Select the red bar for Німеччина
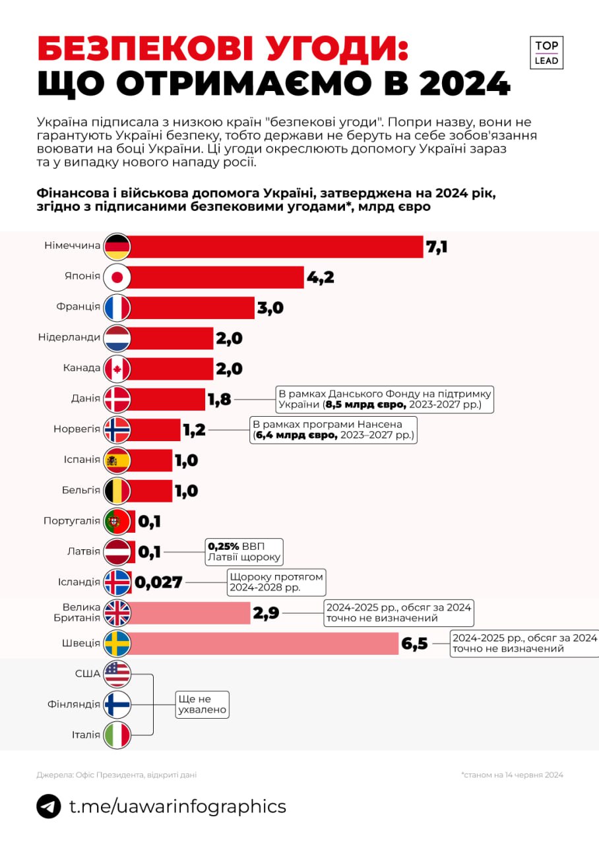click(277, 247)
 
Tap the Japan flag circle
click(117, 278)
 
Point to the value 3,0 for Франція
click(270, 308)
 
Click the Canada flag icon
click(117, 369)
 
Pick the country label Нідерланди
click(69, 338)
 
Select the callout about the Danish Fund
click(385, 400)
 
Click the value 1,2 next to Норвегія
click(193, 430)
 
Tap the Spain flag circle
click(117, 460)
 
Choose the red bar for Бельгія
click(152, 491)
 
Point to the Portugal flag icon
click(117, 522)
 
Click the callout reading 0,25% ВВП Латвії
click(244, 552)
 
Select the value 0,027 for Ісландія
click(158, 582)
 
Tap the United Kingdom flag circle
click(117, 613)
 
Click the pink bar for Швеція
click(264, 643)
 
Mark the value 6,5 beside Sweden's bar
click(415, 644)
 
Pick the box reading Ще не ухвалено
click(202, 704)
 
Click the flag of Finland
click(117, 704)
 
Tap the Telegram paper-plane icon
click(49, 806)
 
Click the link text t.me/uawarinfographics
click(177, 806)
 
